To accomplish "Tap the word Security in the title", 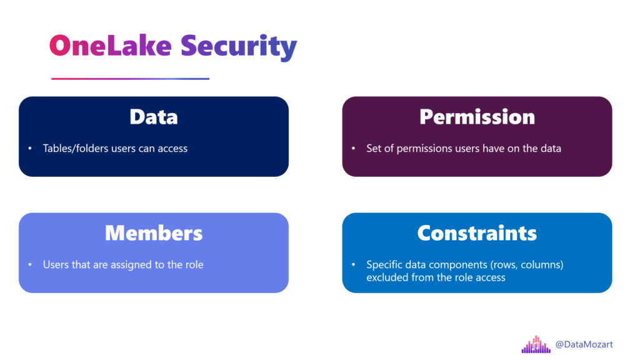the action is (x=239, y=47).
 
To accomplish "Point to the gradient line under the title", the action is (x=130, y=79).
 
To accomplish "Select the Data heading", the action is (x=154, y=117).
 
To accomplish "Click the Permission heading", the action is (x=477, y=117).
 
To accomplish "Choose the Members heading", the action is (x=154, y=233).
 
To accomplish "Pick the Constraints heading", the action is (x=477, y=233).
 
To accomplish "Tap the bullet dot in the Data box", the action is (x=30, y=148).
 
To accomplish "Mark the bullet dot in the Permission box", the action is (x=354, y=148).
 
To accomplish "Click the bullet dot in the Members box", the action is (x=30, y=264).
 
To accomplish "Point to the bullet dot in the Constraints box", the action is (x=354, y=264).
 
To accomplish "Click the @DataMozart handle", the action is (x=584, y=344).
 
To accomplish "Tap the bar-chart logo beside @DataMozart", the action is (x=536, y=344).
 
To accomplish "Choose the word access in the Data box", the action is (x=172, y=149).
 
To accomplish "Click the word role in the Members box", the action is (x=194, y=264).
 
